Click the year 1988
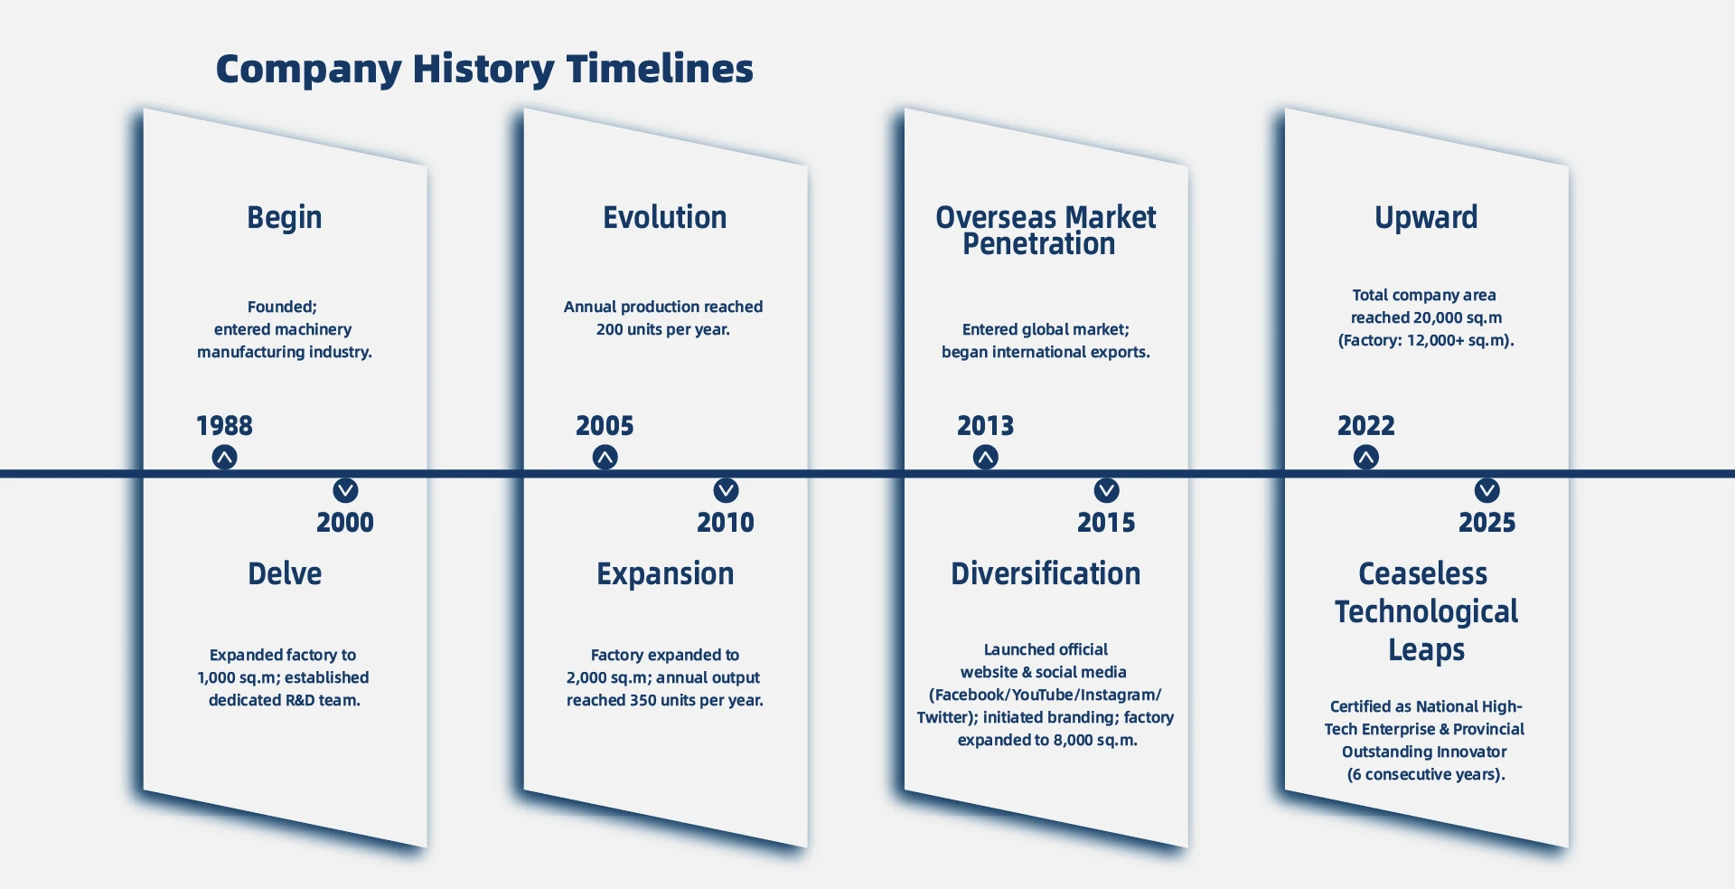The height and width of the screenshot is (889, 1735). tap(224, 426)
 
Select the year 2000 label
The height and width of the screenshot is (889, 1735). tap(345, 523)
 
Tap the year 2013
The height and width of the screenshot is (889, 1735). tap(986, 426)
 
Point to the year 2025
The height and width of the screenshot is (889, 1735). tap(1487, 523)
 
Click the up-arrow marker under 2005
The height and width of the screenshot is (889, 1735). tap(605, 458)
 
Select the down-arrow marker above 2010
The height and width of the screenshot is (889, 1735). tap(727, 490)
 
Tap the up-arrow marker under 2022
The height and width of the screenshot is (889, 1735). tap(1366, 458)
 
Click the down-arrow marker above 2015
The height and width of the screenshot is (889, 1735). tap(1107, 490)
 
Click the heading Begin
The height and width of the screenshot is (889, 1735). tap(285, 218)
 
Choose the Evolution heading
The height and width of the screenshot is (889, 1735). tap(665, 217)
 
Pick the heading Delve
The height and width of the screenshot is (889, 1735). tap(285, 573)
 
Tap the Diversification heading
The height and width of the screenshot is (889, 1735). tap(1046, 573)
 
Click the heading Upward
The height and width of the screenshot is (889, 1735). tap(1426, 218)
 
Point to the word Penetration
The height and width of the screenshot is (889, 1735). tap(1039, 244)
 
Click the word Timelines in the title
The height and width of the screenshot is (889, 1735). tap(660, 69)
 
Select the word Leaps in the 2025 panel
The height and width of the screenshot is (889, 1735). tap(1427, 650)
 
